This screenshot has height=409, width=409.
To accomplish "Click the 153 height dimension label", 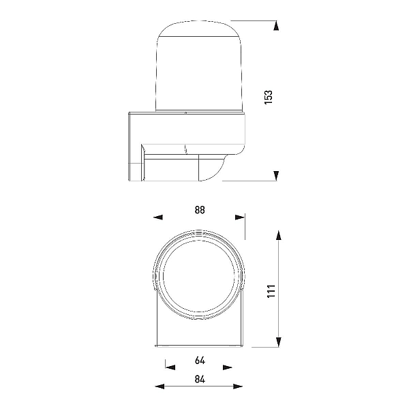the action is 269,97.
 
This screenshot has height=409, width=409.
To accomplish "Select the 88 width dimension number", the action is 200,210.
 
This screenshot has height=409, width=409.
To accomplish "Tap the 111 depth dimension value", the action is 271,291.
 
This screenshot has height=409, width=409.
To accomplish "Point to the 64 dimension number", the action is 200,360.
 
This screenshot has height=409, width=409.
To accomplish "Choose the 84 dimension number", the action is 200,379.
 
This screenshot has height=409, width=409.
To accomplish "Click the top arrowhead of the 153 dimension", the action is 275,26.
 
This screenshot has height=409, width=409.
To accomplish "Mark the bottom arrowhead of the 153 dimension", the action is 275,176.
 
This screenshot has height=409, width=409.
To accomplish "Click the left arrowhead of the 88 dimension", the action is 158,217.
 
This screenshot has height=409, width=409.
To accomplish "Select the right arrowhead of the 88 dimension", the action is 240,217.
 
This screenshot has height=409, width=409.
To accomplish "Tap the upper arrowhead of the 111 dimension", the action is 279,236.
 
